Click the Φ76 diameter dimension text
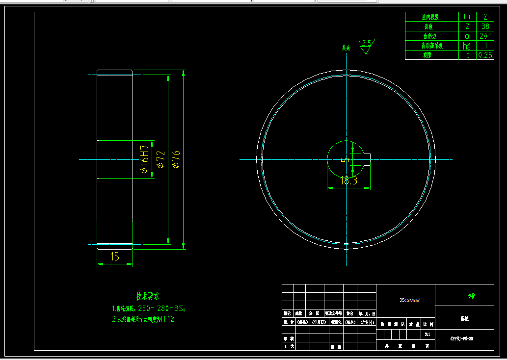[x=176, y=159]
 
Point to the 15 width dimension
[x=115, y=256]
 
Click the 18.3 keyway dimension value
[x=348, y=181]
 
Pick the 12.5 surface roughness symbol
[x=365, y=43]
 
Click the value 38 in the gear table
[x=485, y=26]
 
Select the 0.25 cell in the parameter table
[x=485, y=55]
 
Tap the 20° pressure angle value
[x=485, y=36]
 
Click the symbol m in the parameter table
[x=467, y=17]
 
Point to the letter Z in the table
[x=467, y=26]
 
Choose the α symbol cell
[x=467, y=36]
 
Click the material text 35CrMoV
[x=410, y=300]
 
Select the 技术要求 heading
[x=148, y=296]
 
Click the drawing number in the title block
[x=464, y=338]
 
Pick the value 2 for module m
[x=485, y=17]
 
